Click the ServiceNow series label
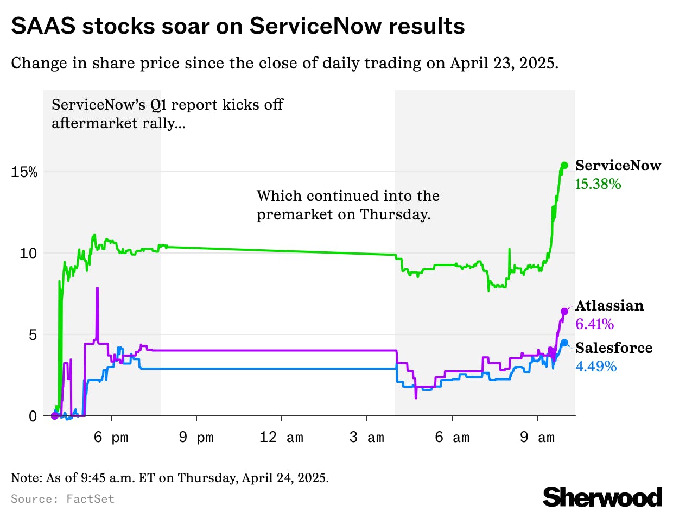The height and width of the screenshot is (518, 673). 618,166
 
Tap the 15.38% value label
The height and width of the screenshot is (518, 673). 598,184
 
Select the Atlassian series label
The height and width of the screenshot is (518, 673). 609,306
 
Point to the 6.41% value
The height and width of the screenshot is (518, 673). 595,324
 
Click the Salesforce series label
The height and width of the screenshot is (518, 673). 614,348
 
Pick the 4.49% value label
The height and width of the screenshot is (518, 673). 596,367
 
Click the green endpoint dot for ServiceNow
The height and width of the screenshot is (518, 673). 564,165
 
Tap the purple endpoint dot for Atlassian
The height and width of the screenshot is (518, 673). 564,311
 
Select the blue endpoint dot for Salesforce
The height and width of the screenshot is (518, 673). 564,343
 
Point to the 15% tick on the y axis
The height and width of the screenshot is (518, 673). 24,172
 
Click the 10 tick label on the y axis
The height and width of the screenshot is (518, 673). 28,254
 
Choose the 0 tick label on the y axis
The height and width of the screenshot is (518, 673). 33,416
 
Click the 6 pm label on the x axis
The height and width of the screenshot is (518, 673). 111,438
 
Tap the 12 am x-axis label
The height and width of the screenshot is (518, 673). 281,438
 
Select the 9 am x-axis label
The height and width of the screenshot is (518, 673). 537,438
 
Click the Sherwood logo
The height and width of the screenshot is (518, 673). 602,497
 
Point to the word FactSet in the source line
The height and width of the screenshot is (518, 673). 91,499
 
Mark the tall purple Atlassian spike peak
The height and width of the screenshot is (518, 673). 97,288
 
